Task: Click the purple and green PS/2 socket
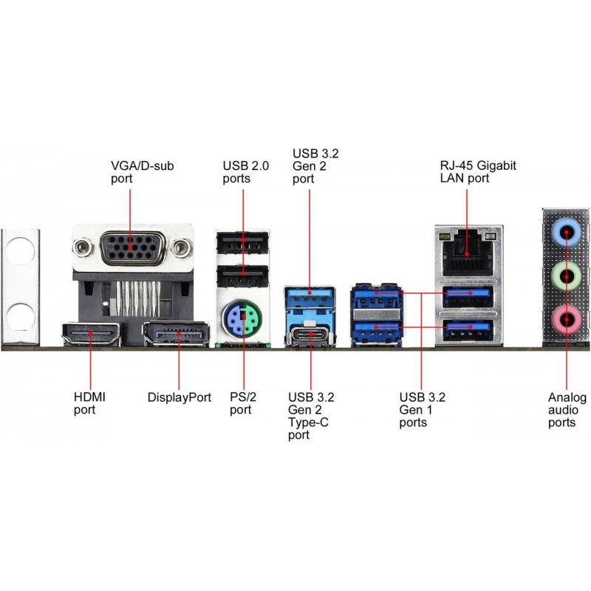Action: point(242,322)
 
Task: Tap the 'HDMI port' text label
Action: point(89,403)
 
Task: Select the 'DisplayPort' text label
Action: point(180,397)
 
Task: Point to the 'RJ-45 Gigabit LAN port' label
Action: point(477,172)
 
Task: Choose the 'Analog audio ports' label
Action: point(567,410)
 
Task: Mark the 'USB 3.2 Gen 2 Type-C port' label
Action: point(311,416)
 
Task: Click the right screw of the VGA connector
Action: point(180,249)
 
